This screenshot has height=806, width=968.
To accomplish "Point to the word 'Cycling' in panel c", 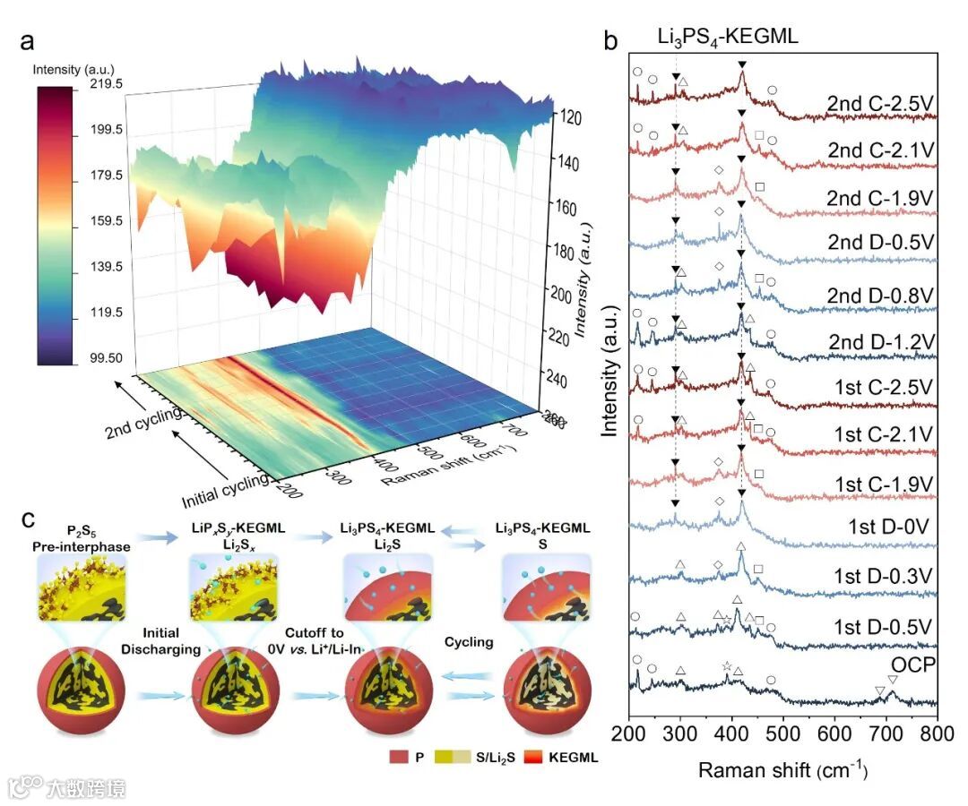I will [469, 642].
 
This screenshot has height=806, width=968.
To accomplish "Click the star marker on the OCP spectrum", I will [726, 666].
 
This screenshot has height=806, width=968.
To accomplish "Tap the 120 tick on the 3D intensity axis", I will [573, 117].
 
